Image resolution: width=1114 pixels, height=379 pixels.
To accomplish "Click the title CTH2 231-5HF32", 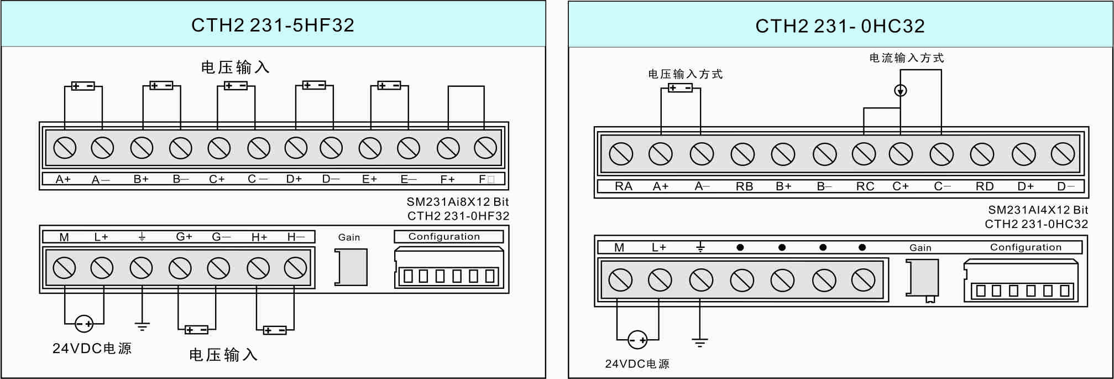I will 273,25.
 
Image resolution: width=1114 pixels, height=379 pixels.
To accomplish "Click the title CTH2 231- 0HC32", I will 840,26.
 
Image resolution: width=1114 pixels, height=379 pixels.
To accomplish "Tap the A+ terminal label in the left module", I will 63,179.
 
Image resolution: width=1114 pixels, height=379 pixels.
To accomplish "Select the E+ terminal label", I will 369,179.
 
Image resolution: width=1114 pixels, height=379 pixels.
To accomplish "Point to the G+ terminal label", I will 184,237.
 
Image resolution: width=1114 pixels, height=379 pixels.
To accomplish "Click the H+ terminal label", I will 259,237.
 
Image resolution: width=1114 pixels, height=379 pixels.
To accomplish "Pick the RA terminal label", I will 623,186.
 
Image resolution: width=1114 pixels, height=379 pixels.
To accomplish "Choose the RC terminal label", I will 865,186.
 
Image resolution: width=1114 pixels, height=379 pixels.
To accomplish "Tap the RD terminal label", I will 984,186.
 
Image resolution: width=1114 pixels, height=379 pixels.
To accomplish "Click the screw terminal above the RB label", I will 742,154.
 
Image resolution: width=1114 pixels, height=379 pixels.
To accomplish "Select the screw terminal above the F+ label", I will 448,148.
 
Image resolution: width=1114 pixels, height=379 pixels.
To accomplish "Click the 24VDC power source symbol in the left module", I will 84,323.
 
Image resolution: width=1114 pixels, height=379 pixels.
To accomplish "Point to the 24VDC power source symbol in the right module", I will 637,339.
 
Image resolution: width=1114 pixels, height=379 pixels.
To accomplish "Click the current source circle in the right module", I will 901,90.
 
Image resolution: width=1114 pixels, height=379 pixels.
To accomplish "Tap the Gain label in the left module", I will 349,237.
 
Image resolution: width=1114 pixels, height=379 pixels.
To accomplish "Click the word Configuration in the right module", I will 1026,247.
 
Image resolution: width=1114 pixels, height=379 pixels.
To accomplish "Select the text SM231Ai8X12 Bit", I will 457,202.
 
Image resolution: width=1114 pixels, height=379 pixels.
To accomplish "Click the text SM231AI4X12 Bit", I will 1038,210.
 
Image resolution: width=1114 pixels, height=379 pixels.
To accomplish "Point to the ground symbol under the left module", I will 142,326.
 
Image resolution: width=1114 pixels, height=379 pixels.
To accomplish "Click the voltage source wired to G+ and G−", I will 196,330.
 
